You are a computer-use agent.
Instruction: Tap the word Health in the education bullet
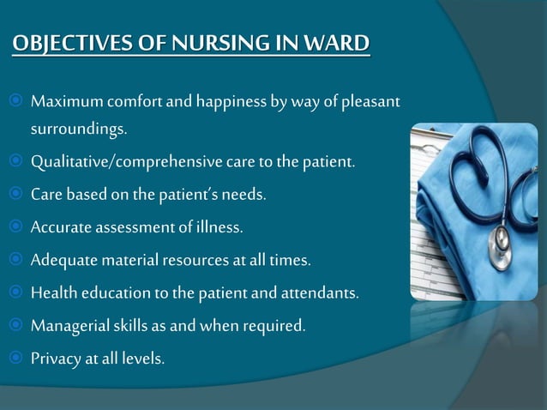pyautogui.click(x=52, y=293)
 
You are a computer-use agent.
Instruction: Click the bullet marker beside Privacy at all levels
pyautogui.click(x=17, y=358)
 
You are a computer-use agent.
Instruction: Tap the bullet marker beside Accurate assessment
pyautogui.click(x=17, y=227)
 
